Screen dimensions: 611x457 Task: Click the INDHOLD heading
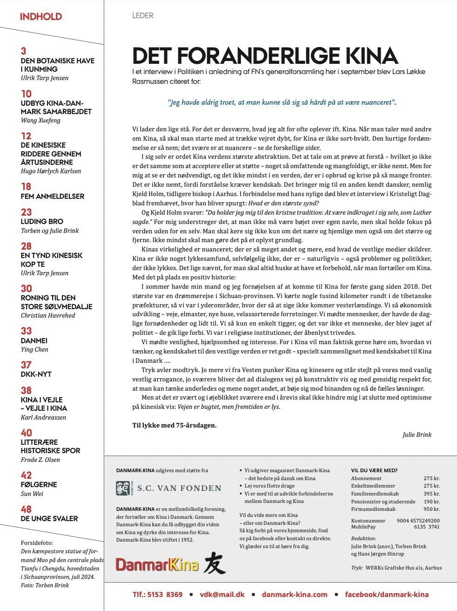[x=41, y=17]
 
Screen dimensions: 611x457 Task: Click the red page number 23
[x=26, y=212]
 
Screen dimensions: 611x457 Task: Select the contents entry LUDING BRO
[x=42, y=221]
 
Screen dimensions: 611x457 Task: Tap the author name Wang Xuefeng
[x=40, y=120]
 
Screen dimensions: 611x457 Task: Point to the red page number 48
[x=26, y=509]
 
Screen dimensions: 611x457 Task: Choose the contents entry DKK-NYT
[x=36, y=374]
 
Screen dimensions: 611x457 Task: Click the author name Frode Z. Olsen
[x=40, y=460]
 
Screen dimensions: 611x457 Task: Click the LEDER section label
[x=142, y=16]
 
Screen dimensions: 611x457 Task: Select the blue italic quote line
[x=282, y=102]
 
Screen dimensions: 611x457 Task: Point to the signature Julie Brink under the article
[x=417, y=434]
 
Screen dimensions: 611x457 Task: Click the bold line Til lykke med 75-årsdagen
[x=175, y=425]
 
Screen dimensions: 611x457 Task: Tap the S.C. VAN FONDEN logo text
[x=179, y=488]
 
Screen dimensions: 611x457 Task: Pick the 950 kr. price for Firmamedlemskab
[x=431, y=509]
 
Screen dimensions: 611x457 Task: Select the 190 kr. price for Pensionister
[x=431, y=502]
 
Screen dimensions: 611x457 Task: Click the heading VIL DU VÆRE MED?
[x=374, y=470]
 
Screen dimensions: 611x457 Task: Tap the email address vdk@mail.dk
[x=222, y=594]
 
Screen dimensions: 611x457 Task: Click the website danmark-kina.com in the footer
[x=295, y=594]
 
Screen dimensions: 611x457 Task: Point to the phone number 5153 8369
[x=165, y=594]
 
